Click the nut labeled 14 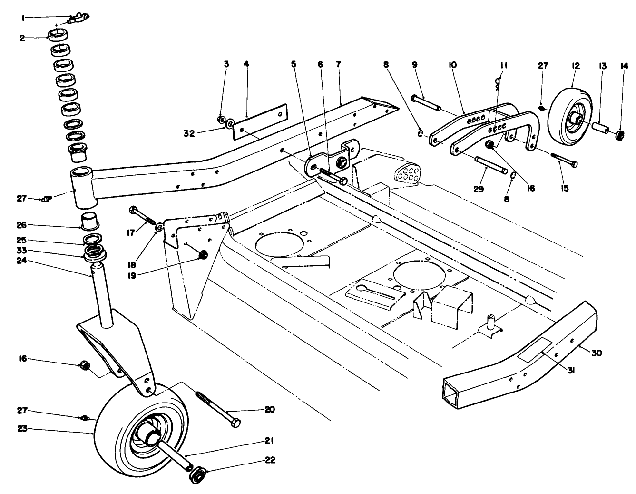pos(620,136)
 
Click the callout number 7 pos(339,64)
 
